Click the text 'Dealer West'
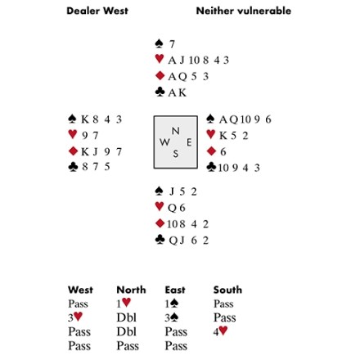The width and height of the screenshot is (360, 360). [97, 11]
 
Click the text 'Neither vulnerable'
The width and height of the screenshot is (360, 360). [244, 11]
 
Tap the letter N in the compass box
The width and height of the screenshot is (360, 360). [175, 131]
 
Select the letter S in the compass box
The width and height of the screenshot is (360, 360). [176, 154]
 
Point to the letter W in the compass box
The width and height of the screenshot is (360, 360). [164, 142]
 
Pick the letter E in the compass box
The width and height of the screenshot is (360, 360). [189, 142]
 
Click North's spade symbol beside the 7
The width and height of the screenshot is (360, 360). [159, 43]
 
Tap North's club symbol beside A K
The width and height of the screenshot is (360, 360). [160, 92]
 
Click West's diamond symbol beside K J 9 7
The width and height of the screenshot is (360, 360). [73, 151]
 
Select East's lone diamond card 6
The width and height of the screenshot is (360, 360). [223, 151]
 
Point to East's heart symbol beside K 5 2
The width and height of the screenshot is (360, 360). [211, 134]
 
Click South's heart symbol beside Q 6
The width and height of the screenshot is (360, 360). [160, 206]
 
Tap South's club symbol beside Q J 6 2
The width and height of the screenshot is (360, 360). [160, 239]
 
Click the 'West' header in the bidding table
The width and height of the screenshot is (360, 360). [80, 290]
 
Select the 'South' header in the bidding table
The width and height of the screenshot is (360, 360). [227, 290]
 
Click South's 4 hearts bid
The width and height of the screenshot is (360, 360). [220, 331]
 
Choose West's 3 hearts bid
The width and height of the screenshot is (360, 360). [75, 317]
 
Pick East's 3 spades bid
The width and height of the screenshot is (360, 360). [172, 317]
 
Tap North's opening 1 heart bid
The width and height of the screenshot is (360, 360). [124, 303]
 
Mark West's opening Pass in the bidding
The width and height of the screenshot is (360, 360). [78, 304]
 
